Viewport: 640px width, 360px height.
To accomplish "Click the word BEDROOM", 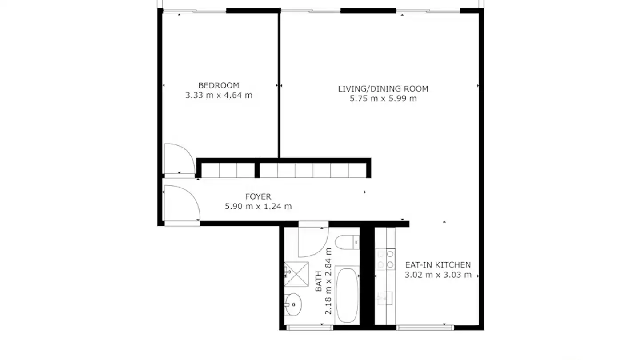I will coord(219,85).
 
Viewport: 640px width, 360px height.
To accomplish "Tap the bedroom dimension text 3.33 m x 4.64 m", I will coord(219,95).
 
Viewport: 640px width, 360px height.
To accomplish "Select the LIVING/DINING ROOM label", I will coord(383,89).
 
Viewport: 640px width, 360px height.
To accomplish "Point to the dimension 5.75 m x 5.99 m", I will coord(383,99).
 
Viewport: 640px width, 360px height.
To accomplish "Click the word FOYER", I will coord(258,196).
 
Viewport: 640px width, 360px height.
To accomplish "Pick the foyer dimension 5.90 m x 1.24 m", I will coord(258,206).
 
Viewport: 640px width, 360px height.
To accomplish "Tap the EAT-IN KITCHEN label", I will coord(438,265).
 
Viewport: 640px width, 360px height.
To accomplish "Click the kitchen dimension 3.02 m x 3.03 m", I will coord(438,275).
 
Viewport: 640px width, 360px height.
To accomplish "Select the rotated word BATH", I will coord(318,282).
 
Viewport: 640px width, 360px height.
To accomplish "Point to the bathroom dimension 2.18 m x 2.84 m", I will coord(328,281).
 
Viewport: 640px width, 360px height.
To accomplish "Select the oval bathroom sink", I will coord(293,304).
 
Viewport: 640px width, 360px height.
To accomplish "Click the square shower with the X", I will coord(296,274).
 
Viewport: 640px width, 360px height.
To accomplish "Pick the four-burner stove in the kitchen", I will coord(385,259).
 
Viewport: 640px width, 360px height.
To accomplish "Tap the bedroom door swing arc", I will coord(179,159).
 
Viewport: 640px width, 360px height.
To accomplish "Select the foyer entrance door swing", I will coord(181,203).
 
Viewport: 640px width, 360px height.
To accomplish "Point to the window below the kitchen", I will coord(425,328).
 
